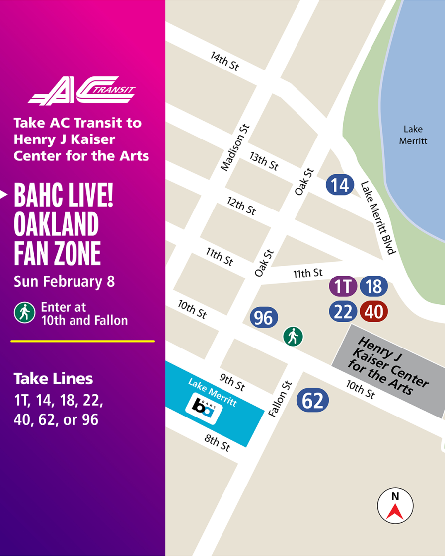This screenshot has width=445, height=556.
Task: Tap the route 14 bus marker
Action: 340,185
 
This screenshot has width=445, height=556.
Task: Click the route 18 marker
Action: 373,286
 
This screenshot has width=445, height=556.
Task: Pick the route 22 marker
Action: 343,312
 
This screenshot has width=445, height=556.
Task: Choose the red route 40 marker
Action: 373,312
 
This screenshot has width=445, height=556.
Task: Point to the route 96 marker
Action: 264,318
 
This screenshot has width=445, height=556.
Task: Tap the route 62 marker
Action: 312,401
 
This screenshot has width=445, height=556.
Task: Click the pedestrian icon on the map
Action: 293,337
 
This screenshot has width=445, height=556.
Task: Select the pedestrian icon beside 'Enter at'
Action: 24,313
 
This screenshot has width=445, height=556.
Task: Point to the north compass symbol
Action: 395,506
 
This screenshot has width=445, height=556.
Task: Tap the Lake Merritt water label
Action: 413,135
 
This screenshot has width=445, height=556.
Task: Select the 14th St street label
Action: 224,62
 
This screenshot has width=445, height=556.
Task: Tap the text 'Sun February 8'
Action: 64,281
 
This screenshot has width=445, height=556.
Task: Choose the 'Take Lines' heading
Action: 53,379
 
